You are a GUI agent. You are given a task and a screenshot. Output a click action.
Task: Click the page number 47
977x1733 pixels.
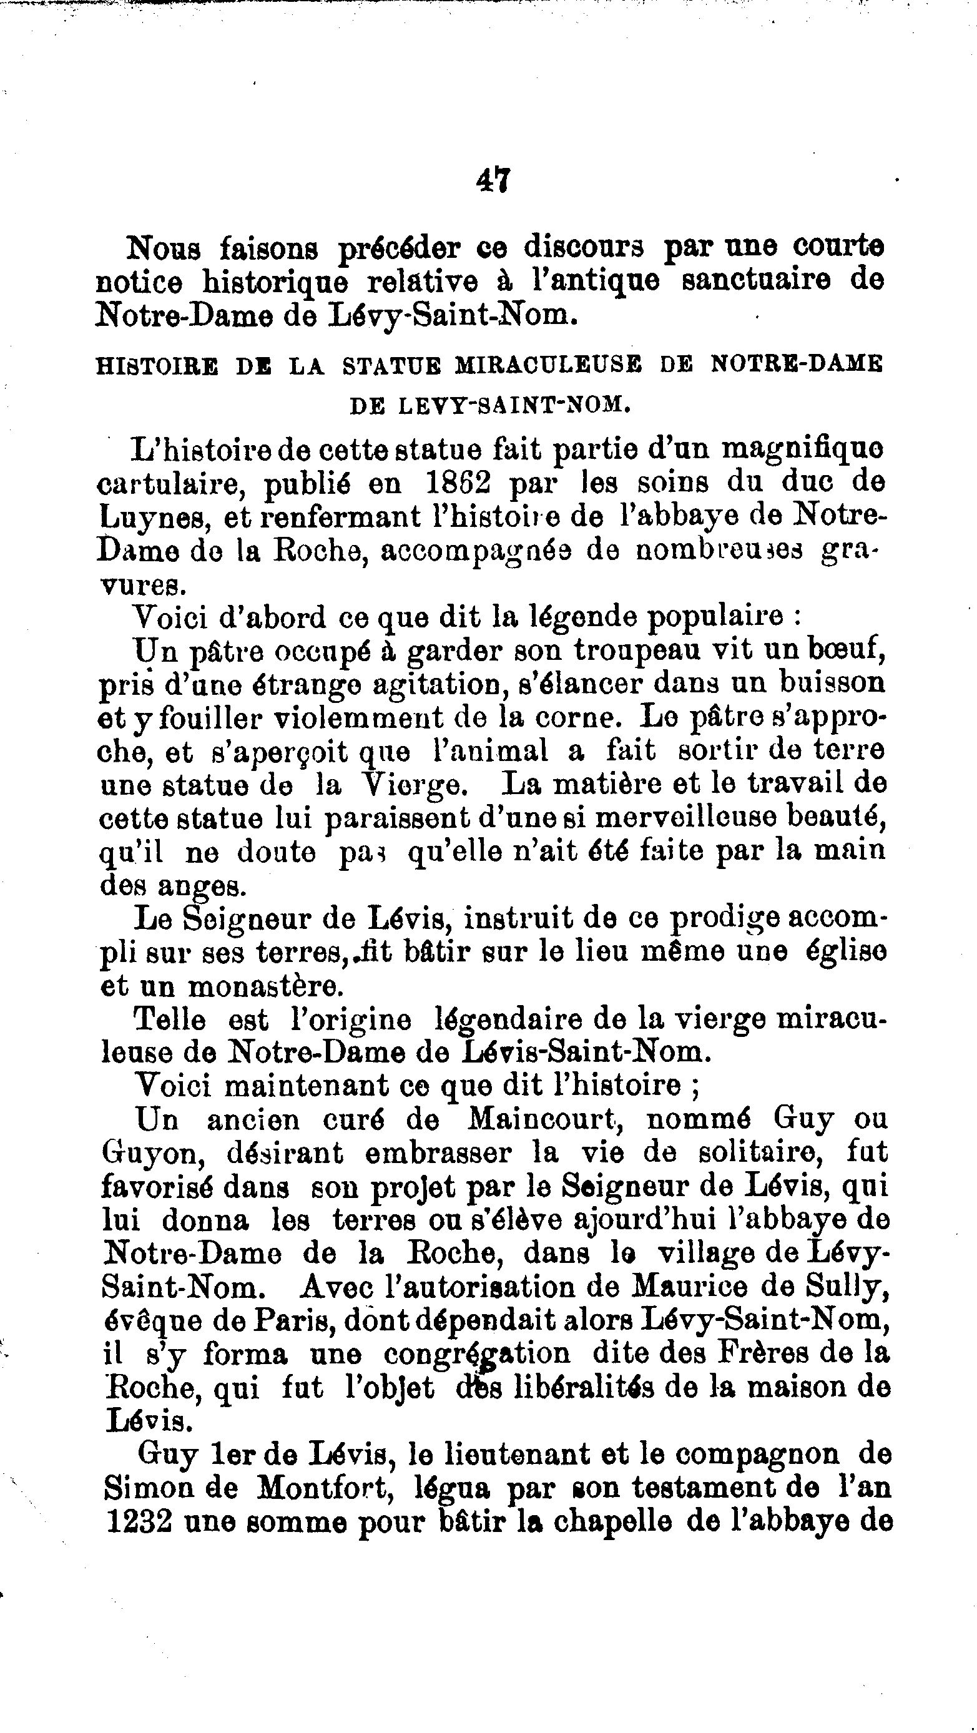pos(494,181)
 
